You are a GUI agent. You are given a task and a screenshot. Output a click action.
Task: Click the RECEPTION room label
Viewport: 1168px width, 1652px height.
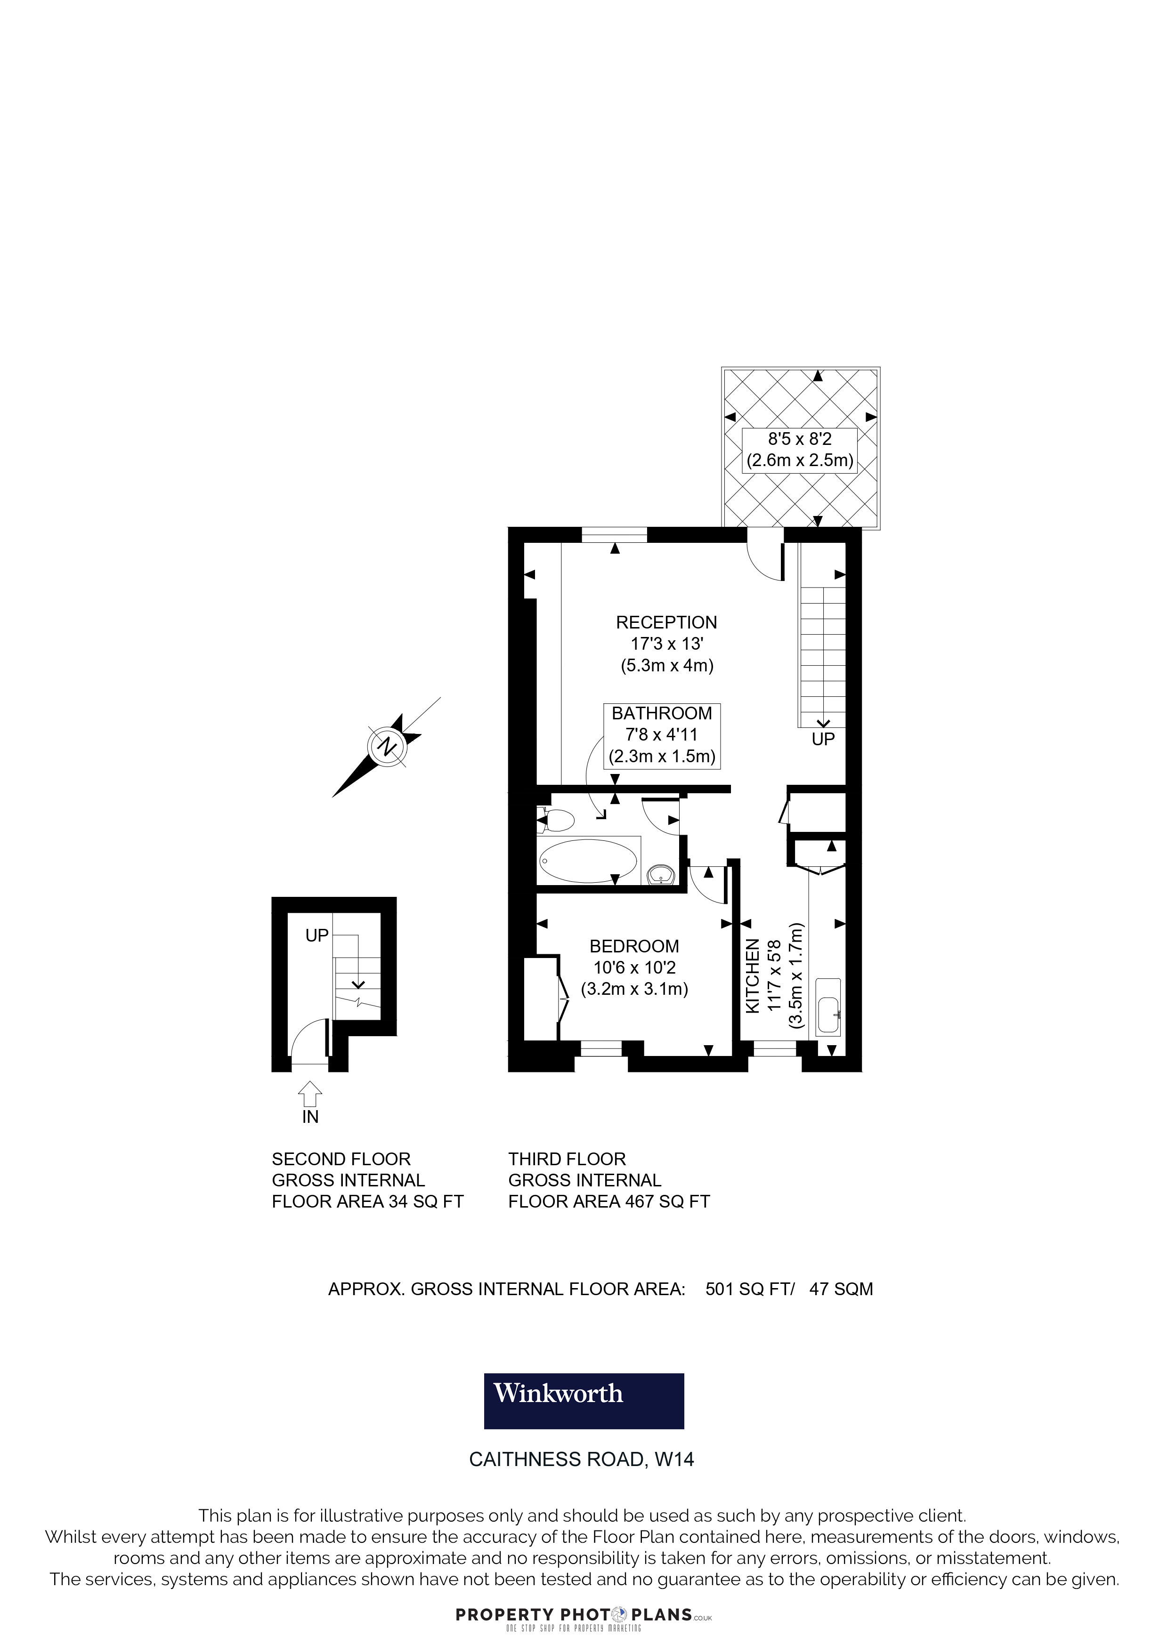[x=666, y=622]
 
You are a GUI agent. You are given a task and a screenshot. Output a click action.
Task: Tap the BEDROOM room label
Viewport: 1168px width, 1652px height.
[x=634, y=946]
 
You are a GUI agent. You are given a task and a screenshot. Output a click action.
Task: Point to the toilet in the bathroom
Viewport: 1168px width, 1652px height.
[x=556, y=820]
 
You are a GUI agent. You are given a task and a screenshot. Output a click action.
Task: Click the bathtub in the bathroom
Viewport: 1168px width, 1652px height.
[x=588, y=861]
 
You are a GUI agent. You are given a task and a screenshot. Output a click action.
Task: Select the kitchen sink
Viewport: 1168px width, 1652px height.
[x=828, y=1006]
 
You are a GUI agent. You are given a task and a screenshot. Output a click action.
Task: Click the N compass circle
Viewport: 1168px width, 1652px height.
[x=387, y=746]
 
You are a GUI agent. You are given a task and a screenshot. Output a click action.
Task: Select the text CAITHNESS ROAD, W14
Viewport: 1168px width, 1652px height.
[x=582, y=1459]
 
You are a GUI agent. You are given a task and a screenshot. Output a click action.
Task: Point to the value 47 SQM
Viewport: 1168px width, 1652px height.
[x=841, y=1289]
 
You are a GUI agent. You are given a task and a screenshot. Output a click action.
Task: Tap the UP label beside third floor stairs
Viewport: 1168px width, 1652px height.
[x=823, y=739]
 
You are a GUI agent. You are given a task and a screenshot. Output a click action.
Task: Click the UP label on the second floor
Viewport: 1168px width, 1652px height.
[x=316, y=935]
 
